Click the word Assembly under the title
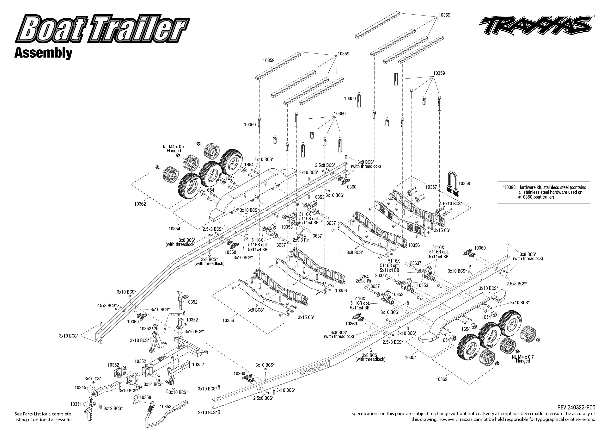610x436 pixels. click(43, 53)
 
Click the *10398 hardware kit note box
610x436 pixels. click(544, 192)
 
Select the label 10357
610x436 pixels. click(431, 187)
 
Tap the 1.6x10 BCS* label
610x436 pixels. click(451, 203)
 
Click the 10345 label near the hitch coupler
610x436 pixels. click(80, 387)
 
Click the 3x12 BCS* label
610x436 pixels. click(113, 408)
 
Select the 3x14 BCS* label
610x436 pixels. click(153, 384)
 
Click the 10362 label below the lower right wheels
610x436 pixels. click(441, 379)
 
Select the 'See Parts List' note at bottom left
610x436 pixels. click(44, 417)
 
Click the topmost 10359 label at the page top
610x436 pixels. click(444, 15)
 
